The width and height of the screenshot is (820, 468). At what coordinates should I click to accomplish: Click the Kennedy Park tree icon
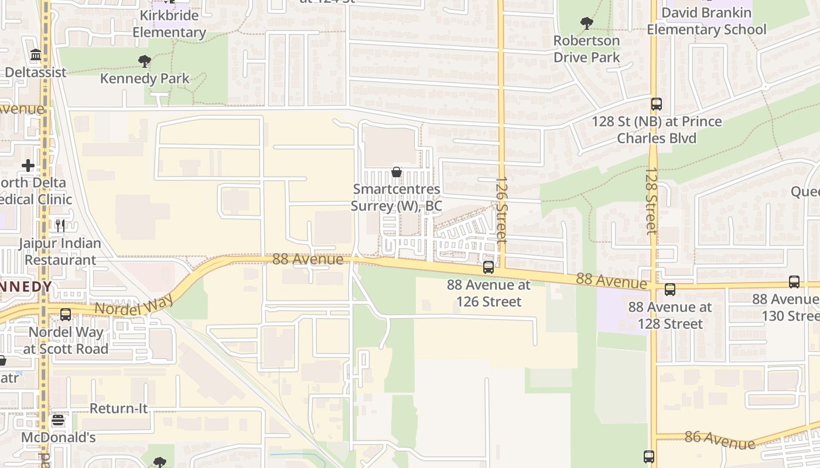coord(145,61)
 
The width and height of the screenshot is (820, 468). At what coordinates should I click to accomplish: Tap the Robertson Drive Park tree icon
coord(586,23)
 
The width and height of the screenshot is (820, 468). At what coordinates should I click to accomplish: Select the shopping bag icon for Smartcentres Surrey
coord(397,172)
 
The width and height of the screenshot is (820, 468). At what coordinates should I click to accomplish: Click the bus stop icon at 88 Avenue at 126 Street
coord(488,267)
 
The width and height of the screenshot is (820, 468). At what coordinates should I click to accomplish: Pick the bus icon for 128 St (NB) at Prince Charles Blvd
coord(656,104)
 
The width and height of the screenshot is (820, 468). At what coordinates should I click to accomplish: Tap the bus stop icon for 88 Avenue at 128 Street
coord(669,289)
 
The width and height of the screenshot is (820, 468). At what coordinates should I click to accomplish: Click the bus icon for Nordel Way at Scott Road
coord(66,314)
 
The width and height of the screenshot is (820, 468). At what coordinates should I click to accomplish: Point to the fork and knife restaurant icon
coord(60,225)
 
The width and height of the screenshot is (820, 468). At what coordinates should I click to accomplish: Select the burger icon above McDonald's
coord(57,420)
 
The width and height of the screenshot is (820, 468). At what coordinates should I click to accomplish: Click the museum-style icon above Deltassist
coord(36,55)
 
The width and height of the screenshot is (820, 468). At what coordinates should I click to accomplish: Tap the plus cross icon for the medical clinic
coord(28,166)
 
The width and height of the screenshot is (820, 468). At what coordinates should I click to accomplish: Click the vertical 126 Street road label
coord(501,211)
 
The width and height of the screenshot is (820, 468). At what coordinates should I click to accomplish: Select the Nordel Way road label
coord(134,304)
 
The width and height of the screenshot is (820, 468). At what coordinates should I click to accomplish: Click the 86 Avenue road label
coord(719,440)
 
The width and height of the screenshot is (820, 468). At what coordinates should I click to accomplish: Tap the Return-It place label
coord(118,408)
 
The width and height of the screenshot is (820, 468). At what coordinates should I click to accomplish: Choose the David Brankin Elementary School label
coord(706,21)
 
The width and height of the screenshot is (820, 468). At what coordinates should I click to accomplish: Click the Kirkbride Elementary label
coord(169,24)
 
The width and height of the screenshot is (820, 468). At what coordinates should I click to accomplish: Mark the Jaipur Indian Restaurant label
coord(60,252)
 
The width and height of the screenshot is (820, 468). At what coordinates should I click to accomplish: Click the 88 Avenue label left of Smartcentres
coord(307,259)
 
